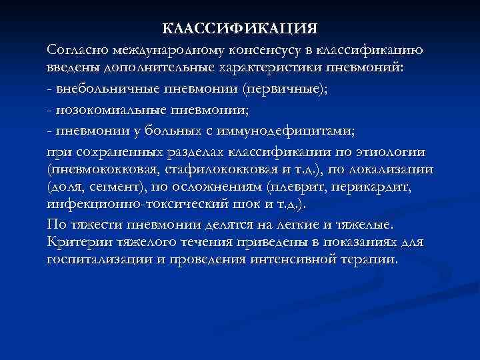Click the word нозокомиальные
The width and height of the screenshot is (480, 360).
click(106, 107)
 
